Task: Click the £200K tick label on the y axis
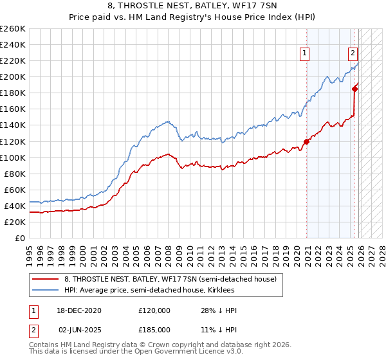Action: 12,76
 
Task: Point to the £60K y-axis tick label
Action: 14,190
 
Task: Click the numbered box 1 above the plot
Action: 304,54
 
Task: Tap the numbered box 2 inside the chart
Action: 353,54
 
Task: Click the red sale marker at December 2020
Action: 307,141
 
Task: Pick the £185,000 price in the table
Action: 154,329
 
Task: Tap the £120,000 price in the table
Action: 154,310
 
